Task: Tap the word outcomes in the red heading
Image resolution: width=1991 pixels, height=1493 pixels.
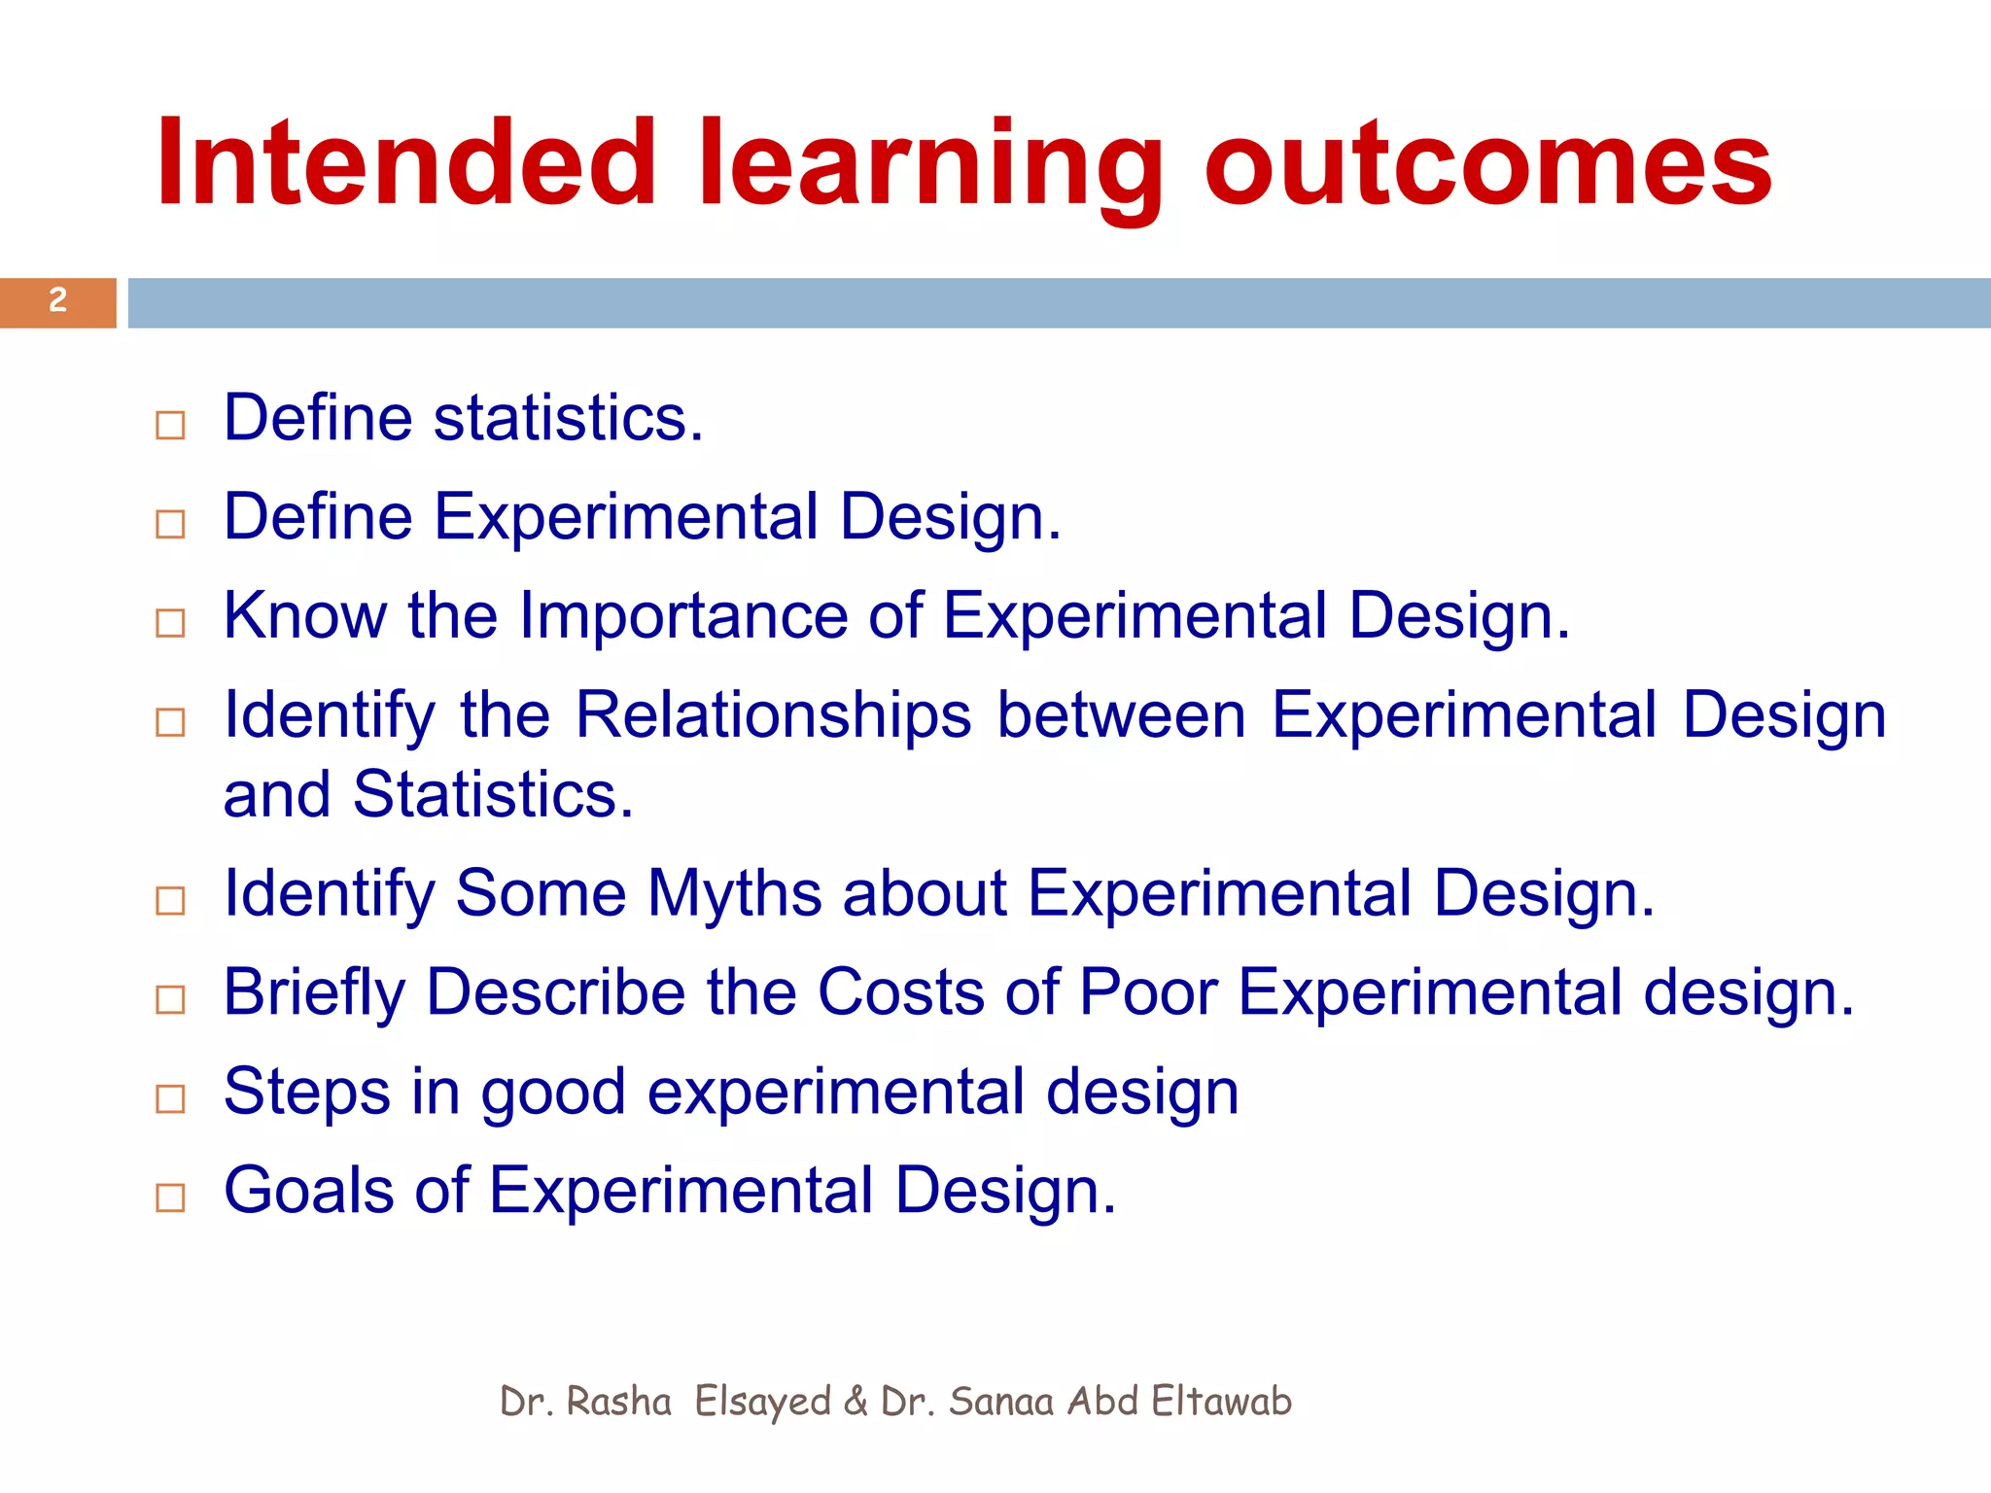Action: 1487,162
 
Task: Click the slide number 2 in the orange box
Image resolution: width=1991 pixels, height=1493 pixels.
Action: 58,300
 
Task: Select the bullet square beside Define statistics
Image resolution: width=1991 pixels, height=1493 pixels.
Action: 170,425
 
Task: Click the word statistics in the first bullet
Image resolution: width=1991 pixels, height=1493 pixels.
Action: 568,418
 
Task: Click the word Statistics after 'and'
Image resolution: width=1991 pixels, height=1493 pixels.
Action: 492,794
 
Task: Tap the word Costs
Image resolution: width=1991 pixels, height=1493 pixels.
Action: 900,992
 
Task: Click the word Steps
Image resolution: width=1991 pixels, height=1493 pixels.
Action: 306,1093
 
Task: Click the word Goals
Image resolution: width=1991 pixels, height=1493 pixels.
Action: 308,1191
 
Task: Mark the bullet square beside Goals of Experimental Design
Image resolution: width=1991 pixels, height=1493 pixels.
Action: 170,1198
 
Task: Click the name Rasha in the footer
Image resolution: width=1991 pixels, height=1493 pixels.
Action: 618,1402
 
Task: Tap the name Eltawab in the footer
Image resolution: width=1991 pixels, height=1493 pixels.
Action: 1221,1402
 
